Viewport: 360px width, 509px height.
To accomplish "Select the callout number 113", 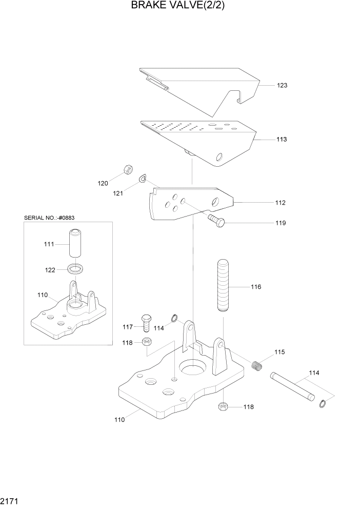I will point(282,139).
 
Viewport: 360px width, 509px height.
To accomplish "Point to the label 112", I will point(280,203).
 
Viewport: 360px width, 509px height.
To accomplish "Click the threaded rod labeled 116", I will point(224,286).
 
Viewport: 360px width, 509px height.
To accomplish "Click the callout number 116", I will point(255,287).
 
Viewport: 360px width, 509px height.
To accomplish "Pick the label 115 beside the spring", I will point(279,353).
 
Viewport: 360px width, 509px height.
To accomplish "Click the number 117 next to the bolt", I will point(128,327).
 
